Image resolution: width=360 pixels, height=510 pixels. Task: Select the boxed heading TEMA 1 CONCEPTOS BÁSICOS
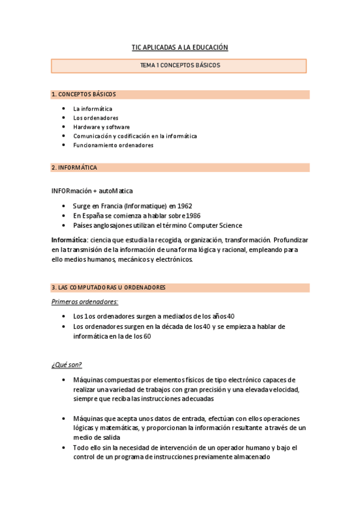tap(180, 65)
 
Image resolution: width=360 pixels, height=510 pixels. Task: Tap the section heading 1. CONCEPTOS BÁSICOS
tap(84, 94)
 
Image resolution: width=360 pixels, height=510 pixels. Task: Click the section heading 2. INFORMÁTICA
tap(75, 167)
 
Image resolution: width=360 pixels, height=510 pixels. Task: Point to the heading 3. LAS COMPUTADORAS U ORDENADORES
tap(108, 287)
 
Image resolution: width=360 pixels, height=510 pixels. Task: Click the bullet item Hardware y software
tap(101, 127)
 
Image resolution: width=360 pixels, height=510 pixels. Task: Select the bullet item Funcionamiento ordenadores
tap(113, 145)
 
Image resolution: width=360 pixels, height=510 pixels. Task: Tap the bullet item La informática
tap(93, 109)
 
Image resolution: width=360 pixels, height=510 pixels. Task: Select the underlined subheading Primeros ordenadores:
tap(85, 301)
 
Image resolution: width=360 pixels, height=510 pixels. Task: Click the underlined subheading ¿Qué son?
tap(66, 365)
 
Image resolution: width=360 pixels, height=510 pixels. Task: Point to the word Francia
tap(108, 206)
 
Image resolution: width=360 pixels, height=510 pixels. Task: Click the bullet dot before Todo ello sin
tap(64, 448)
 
